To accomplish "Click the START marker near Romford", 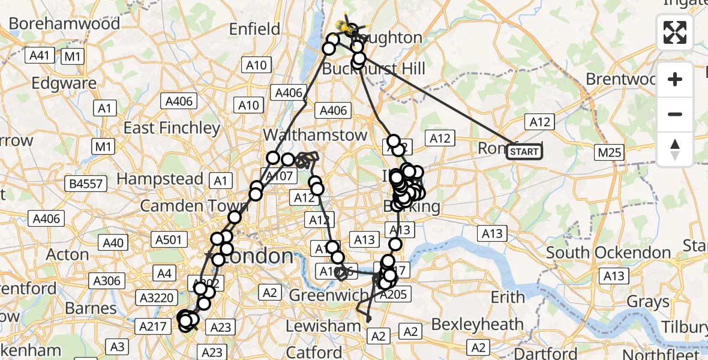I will pos(524,152).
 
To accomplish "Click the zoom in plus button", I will pos(675,79).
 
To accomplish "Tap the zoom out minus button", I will pos(675,114).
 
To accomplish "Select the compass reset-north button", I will pos(675,149).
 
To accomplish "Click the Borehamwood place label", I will pos(65,23).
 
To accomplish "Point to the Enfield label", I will pos(255,29).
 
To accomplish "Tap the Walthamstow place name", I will pos(315,135).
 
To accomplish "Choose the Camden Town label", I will pos(185,206).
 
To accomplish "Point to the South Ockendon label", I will pos(608,253).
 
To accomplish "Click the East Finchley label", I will pos(172,128).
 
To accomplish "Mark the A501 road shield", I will pos(168,240).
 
